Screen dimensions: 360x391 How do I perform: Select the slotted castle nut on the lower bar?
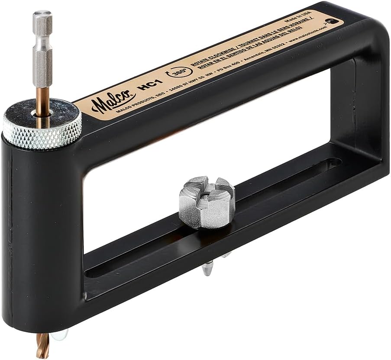(207, 202)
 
